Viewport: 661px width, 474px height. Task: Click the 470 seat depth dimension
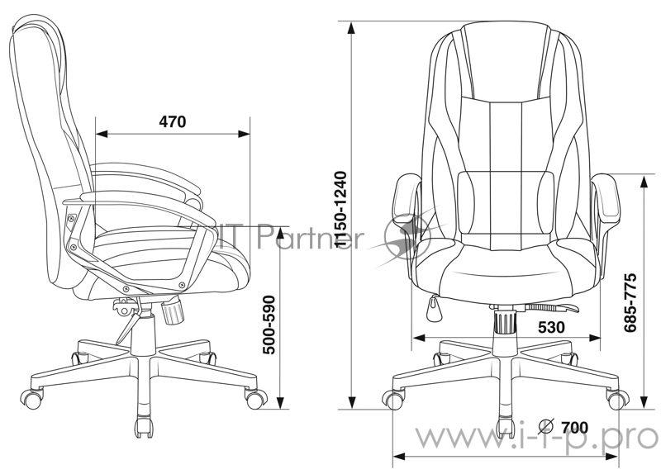pos(173,121)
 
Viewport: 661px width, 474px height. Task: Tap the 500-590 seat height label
pos(269,325)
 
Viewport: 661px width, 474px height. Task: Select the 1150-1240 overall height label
pos(340,210)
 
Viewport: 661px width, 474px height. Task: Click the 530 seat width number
pos(551,327)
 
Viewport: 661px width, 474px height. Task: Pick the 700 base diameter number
pos(574,427)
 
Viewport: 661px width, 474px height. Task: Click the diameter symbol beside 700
pos(546,427)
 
